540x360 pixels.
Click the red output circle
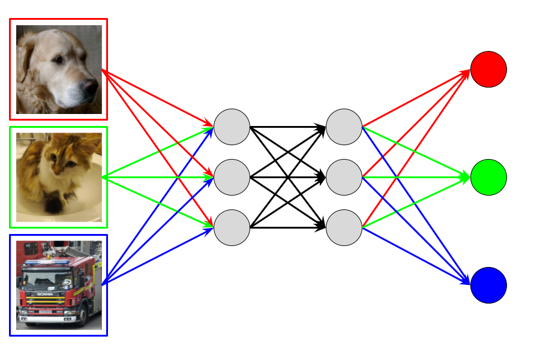click(x=488, y=70)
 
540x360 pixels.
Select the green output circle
click(x=488, y=178)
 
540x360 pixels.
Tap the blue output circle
click(x=488, y=286)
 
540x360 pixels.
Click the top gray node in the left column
click(x=232, y=127)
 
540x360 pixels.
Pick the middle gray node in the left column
click(x=232, y=178)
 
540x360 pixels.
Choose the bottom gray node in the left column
click(x=232, y=228)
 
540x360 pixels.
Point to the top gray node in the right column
click(x=344, y=127)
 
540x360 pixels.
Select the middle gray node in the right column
click(x=344, y=178)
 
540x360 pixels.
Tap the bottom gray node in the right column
click(x=344, y=228)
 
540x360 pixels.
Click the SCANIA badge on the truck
click(x=46, y=294)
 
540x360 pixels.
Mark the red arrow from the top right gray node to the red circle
click(x=414, y=99)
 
